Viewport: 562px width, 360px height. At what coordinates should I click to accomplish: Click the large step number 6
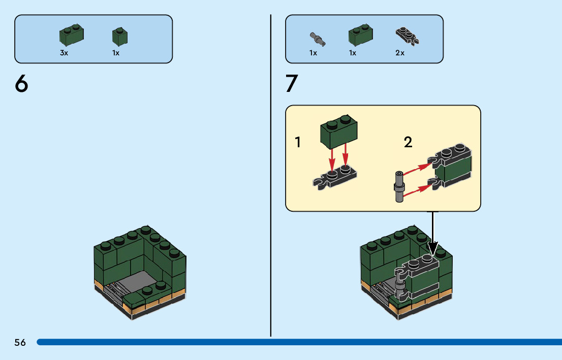click(x=21, y=83)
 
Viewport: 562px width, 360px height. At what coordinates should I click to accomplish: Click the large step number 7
click(x=292, y=83)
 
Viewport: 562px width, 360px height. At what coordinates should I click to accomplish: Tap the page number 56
click(x=20, y=342)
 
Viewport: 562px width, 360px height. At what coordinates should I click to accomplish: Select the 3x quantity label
click(x=64, y=53)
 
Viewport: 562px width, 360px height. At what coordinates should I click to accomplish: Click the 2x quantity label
click(x=400, y=53)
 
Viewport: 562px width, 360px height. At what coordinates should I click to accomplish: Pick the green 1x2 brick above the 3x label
click(x=72, y=35)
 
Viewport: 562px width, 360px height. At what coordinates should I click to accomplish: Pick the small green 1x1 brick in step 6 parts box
click(x=120, y=36)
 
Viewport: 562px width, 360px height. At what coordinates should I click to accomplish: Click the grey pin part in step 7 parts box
click(x=318, y=39)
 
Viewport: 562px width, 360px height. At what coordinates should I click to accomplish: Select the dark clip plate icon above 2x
click(x=408, y=36)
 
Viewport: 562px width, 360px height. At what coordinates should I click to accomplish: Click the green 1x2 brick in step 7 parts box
click(x=361, y=35)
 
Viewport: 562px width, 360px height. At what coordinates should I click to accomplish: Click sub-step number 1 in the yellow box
click(x=298, y=142)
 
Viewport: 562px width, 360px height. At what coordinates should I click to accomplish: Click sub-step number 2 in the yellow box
click(x=408, y=142)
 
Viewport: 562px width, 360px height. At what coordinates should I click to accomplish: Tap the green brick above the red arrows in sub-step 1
click(x=339, y=132)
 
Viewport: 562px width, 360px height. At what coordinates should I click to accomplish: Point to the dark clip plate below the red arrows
click(x=335, y=176)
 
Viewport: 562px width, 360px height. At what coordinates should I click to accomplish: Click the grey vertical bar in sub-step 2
click(x=399, y=187)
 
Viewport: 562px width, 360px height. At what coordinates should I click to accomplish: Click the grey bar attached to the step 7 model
click(x=399, y=284)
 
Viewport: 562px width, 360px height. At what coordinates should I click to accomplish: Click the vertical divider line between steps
click(x=271, y=176)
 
